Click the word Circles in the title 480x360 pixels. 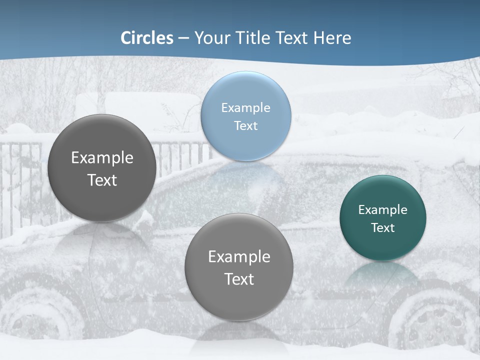(147, 38)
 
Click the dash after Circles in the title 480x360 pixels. (183, 38)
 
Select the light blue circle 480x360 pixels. (245, 116)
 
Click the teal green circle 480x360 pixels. (382, 218)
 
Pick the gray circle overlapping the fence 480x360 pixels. (102, 168)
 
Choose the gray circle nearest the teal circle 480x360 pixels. (239, 267)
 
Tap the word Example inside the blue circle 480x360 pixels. (245, 108)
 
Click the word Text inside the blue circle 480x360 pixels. (245, 125)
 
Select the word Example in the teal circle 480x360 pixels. (382, 210)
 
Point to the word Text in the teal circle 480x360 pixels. (382, 228)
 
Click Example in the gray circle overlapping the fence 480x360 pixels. (102, 158)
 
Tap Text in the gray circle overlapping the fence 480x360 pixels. (102, 180)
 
